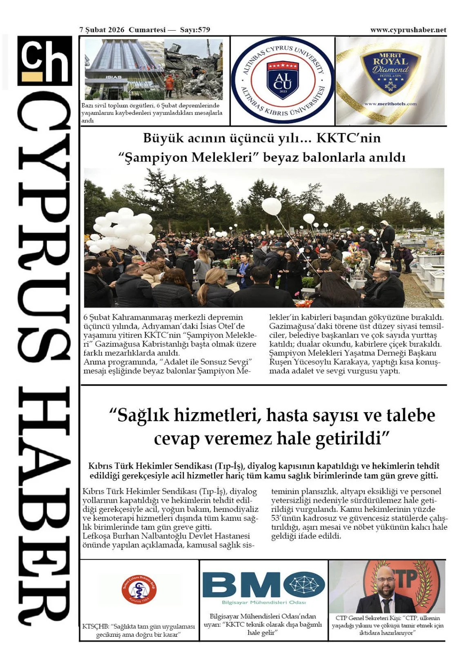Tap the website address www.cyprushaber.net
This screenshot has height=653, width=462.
pyautogui.click(x=408, y=30)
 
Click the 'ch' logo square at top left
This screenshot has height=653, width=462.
pyautogui.click(x=45, y=61)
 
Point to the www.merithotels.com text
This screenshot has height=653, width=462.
pyautogui.click(x=390, y=104)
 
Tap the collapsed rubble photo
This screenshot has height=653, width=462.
pyautogui.click(x=194, y=69)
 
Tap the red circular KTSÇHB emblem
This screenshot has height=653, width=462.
pyautogui.click(x=139, y=589)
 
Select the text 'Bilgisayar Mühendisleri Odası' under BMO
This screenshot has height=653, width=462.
pyautogui.click(x=263, y=602)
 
